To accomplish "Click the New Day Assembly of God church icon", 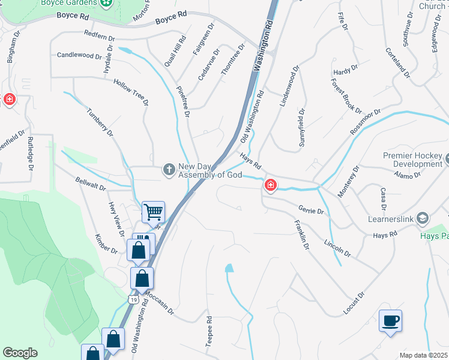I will [x=169, y=170].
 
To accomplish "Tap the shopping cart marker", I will [x=154, y=211].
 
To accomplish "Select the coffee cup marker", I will [x=390, y=320].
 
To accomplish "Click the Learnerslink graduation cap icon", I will [x=423, y=218].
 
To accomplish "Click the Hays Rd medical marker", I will [x=271, y=185].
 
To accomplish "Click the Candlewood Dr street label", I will [x=79, y=55].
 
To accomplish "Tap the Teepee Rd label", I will [x=209, y=331].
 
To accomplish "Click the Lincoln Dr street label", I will [x=337, y=250].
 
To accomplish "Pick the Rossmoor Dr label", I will [x=368, y=121].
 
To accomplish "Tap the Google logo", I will [x=20, y=353].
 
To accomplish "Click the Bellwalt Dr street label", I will [x=91, y=184].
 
